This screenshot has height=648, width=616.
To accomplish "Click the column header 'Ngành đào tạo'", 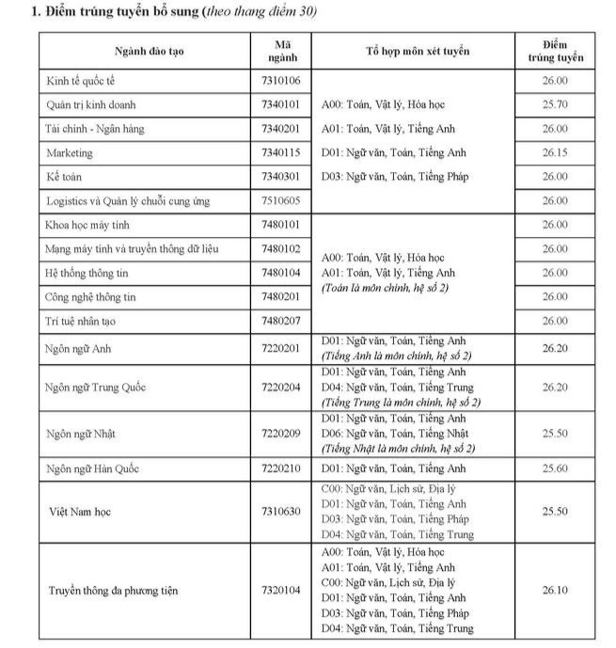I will click(x=149, y=51).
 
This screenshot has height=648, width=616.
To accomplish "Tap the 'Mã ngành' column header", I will click(x=281, y=51).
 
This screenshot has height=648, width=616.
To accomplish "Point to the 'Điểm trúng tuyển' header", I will click(x=555, y=51).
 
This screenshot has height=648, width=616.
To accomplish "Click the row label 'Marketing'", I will click(x=70, y=152).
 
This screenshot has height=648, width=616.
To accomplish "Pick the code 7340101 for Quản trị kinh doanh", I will click(x=281, y=104).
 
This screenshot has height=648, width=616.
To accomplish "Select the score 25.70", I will click(x=555, y=104).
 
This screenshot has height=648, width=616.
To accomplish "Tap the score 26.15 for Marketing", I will click(x=555, y=152).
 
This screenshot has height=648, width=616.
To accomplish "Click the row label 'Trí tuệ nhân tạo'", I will click(x=83, y=321).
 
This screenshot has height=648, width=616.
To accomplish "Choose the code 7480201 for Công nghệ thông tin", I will click(x=281, y=297).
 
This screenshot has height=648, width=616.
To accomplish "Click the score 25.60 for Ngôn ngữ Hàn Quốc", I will click(x=555, y=468).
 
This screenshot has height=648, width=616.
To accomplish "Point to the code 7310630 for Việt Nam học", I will click(x=281, y=512).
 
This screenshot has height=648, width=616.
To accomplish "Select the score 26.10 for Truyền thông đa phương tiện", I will click(x=555, y=591).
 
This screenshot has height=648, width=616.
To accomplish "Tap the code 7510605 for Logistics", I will click(x=281, y=200).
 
